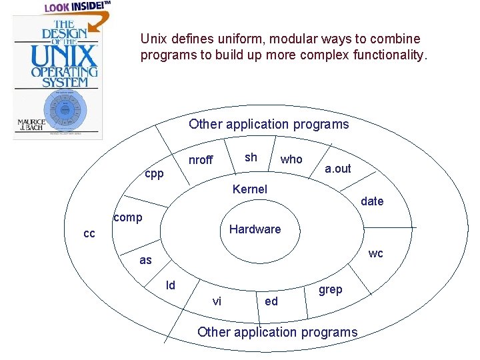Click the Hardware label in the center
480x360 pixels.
[255, 229]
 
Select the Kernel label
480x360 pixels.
[249, 189]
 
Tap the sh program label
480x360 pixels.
[251, 157]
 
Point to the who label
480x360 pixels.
[291, 159]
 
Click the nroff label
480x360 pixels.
[201, 160]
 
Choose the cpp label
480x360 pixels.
[153, 173]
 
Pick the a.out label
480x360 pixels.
[337, 169]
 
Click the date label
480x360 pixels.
[372, 201]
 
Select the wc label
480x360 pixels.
[376, 253]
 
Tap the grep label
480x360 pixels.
[330, 289]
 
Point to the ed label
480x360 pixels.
[271, 301]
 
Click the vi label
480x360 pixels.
[217, 301]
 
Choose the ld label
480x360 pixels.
[171, 285]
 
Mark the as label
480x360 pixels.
[145, 261]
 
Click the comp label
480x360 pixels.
[127, 217]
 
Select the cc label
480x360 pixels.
[89, 234]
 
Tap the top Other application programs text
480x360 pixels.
[269, 124]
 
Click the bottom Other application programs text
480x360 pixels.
[277, 332]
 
